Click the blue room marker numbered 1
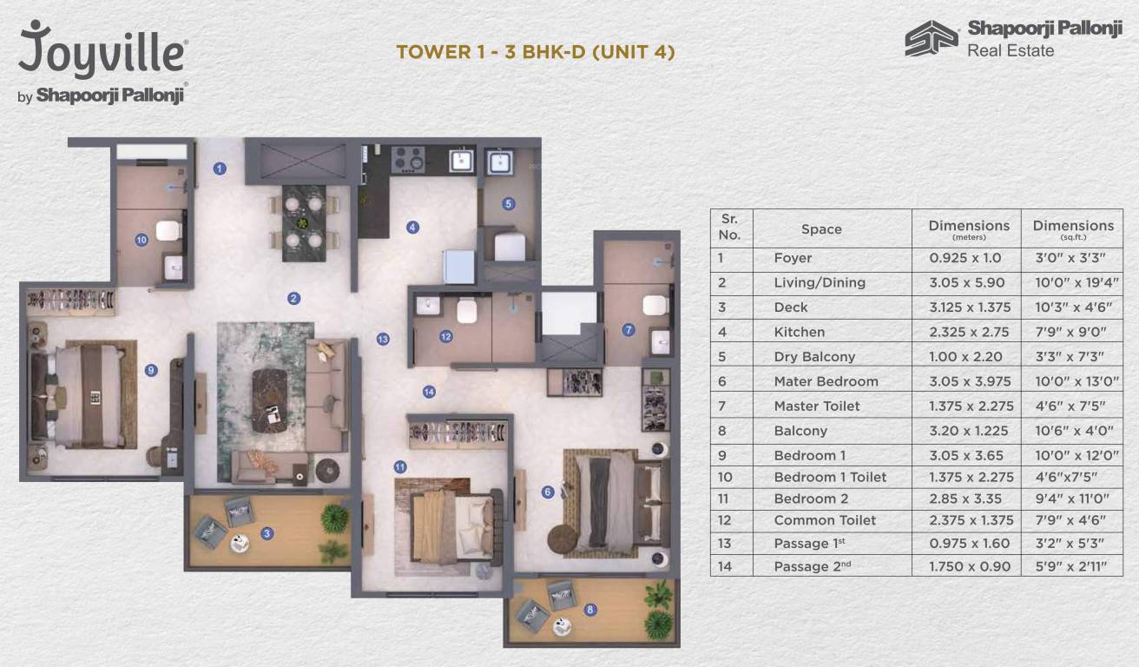(221, 168)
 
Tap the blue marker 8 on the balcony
(590, 610)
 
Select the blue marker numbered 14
(429, 392)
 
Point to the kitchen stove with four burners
(407, 159)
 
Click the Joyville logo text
(102, 50)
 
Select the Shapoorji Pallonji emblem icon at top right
(931, 39)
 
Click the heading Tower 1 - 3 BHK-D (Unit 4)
(536, 52)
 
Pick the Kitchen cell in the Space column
(799, 332)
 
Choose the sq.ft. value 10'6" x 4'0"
(1073, 431)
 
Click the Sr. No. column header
(730, 227)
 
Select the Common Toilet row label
(825, 520)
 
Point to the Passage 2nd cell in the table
(813, 566)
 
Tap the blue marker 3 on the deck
(267, 533)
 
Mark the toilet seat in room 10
(167, 232)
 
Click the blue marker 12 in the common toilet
(445, 336)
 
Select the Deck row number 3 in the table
(721, 307)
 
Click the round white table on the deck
(238, 545)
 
